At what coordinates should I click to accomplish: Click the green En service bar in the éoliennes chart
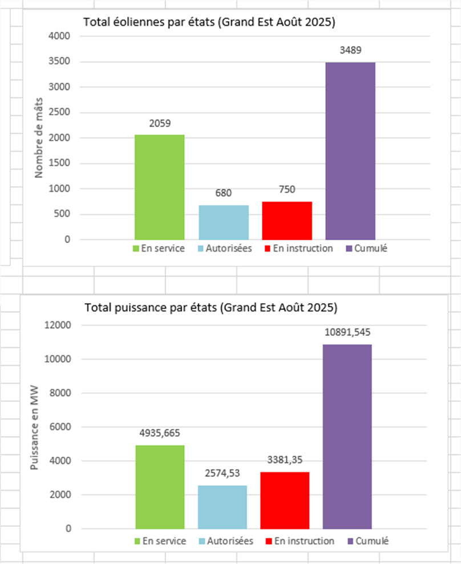click(x=159, y=187)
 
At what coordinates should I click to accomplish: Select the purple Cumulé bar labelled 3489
click(x=350, y=151)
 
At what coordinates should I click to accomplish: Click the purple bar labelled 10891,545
click(x=347, y=437)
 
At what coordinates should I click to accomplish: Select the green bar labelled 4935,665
click(x=160, y=487)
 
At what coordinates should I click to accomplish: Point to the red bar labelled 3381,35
click(x=285, y=500)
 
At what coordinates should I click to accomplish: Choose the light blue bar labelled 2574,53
click(x=223, y=507)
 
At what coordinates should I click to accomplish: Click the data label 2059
click(x=159, y=123)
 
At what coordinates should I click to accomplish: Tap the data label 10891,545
click(x=347, y=332)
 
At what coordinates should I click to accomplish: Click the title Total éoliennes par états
click(x=209, y=23)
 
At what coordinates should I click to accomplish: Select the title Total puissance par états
click(x=211, y=308)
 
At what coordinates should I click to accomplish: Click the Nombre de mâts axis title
click(x=39, y=138)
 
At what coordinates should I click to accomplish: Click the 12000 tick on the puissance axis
click(x=56, y=325)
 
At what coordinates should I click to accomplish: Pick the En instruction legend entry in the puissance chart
click(x=300, y=541)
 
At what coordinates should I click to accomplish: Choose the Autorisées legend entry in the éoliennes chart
click(x=225, y=249)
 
